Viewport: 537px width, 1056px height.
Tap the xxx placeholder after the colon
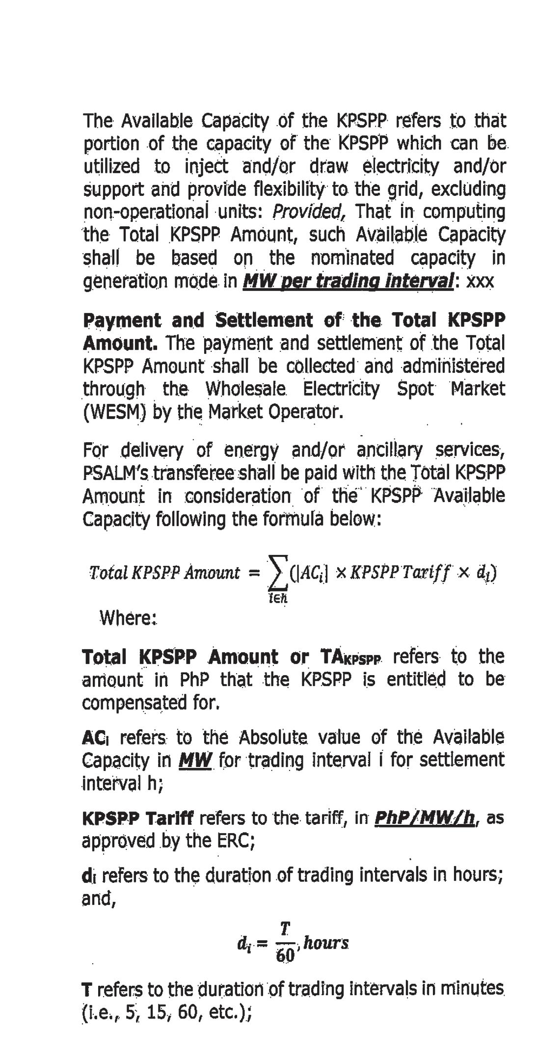[480, 282]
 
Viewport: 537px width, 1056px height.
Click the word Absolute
[274, 737]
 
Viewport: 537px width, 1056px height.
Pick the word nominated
[352, 258]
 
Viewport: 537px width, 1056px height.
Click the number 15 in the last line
[160, 1011]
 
